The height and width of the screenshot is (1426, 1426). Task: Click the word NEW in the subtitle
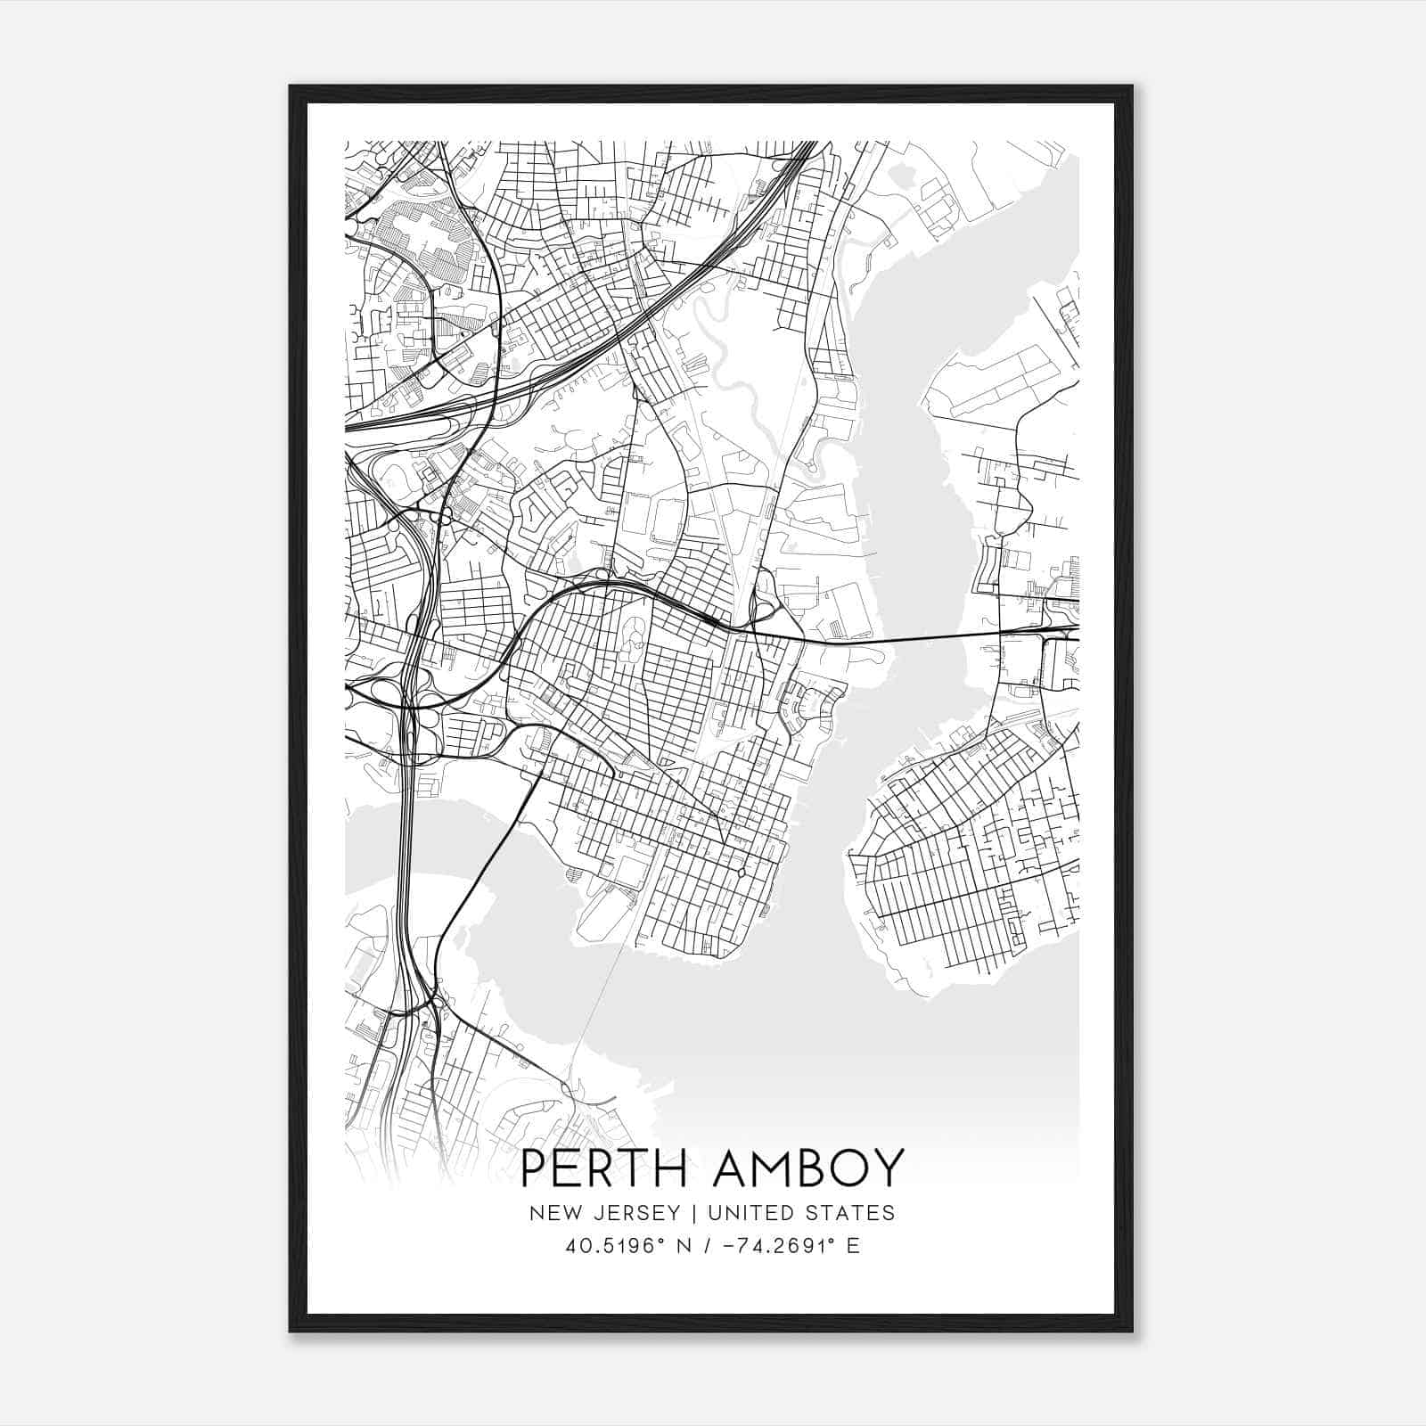pyautogui.click(x=548, y=1212)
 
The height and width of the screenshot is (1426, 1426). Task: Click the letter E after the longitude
pyautogui.click(x=853, y=1246)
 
